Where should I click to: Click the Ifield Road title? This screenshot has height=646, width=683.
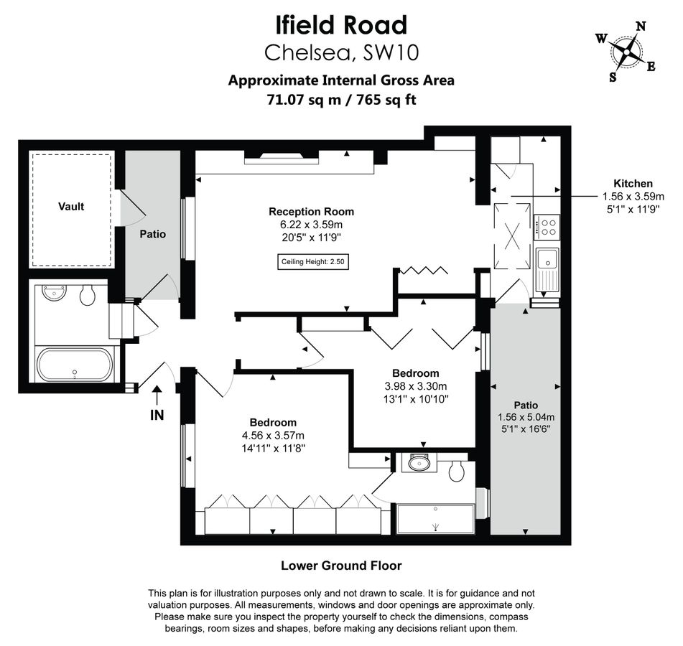coord(341,25)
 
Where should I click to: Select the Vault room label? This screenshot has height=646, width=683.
coord(71,207)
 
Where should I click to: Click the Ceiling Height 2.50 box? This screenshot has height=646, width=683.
coord(314,263)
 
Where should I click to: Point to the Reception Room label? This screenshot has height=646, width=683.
coord(311,212)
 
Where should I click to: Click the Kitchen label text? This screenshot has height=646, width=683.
coord(632,184)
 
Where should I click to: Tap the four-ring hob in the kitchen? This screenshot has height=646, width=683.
coord(549,228)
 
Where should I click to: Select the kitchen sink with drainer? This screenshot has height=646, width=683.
coord(547,268)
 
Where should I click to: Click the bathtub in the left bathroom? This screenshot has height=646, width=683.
coord(74,365)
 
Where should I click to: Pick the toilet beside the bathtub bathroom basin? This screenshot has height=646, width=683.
coord(88,295)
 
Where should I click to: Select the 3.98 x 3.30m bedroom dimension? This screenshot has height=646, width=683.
coord(415,386)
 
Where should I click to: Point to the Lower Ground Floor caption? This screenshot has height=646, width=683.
coord(341,566)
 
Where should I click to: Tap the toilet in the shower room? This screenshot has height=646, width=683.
coord(455,471)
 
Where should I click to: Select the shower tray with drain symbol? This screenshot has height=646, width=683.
coord(435,518)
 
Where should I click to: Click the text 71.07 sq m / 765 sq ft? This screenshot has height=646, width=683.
coord(341,100)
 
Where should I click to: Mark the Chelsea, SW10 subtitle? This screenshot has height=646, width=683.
coord(341,53)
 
